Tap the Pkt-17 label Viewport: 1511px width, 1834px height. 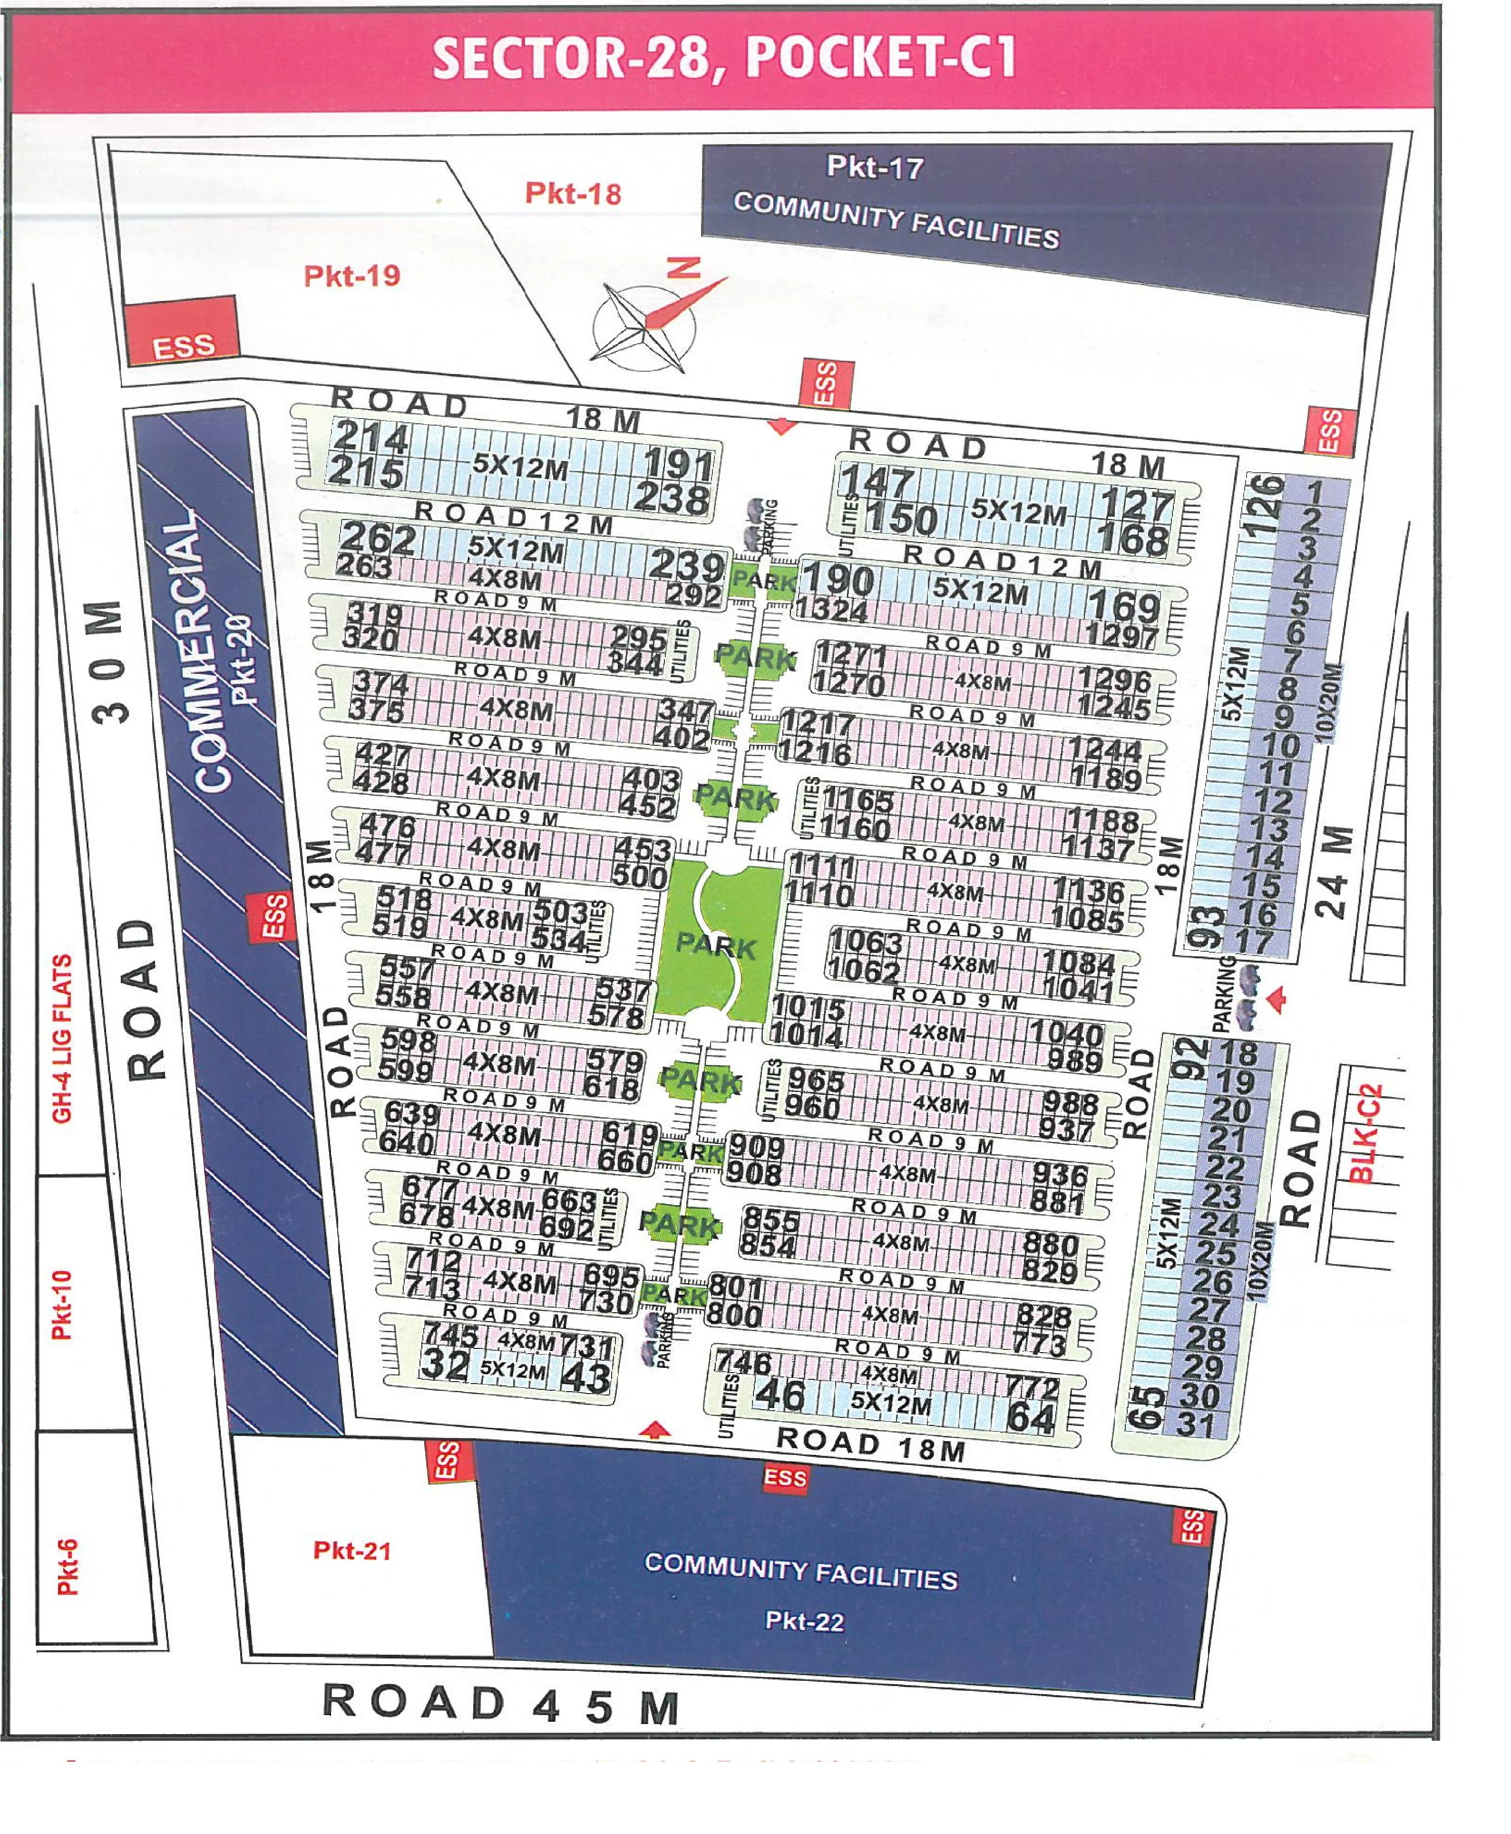point(875,167)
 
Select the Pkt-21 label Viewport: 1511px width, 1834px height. point(351,1550)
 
